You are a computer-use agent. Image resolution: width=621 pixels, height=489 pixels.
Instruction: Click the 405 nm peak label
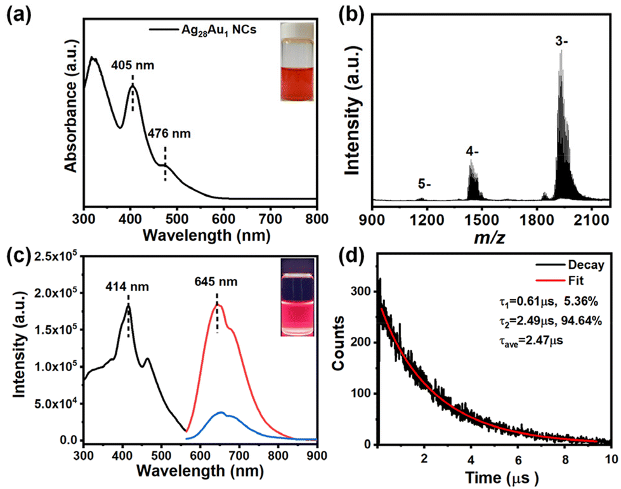click(x=133, y=65)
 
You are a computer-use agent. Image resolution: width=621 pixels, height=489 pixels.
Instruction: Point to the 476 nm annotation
click(x=169, y=133)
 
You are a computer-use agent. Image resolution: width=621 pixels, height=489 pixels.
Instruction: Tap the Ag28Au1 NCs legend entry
click(x=203, y=30)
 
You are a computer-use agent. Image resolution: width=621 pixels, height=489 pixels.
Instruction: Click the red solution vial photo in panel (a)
click(x=297, y=62)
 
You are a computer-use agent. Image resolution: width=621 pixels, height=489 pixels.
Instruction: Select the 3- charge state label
click(x=561, y=41)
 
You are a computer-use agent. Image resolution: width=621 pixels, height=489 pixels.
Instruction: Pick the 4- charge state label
click(x=472, y=152)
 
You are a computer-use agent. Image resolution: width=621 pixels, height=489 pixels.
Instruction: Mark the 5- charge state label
click(x=424, y=184)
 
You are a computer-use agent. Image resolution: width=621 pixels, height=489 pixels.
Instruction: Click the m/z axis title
click(x=490, y=237)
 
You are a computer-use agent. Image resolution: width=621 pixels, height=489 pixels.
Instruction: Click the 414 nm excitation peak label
click(x=127, y=286)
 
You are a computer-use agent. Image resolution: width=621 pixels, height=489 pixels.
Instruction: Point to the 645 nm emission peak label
click(x=216, y=282)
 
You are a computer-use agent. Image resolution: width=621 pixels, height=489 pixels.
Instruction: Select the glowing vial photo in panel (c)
click(x=297, y=297)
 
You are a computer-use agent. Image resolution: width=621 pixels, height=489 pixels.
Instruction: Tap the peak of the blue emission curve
click(x=221, y=412)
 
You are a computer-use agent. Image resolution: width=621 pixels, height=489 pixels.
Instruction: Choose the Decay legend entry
click(x=570, y=265)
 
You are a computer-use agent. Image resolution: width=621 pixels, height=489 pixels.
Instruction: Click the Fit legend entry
click(x=559, y=280)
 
